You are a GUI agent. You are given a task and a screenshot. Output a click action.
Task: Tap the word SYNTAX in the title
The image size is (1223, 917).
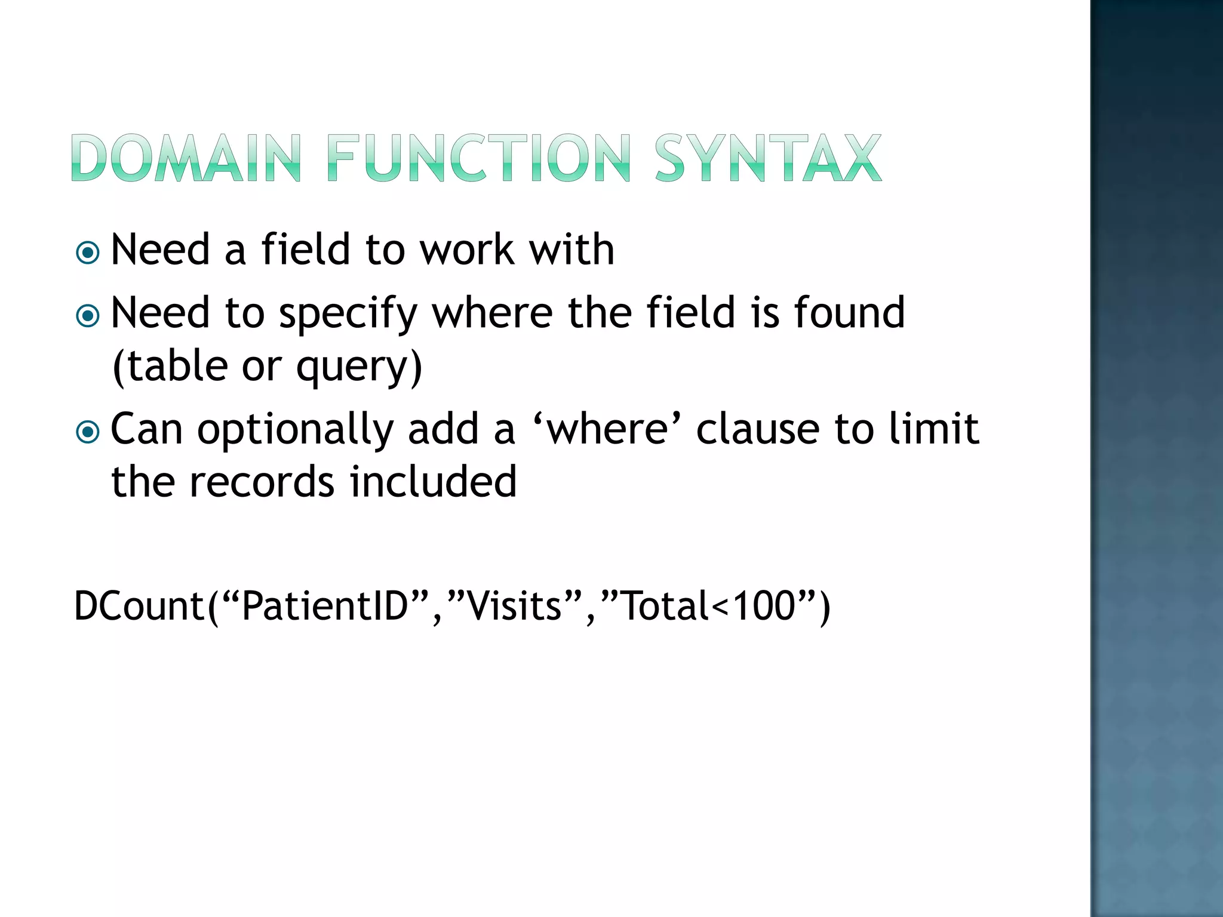click(768, 158)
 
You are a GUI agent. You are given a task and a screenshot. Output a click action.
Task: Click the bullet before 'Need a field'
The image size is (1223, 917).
click(88, 253)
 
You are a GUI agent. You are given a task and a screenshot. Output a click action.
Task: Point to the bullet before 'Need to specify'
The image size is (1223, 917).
click(88, 315)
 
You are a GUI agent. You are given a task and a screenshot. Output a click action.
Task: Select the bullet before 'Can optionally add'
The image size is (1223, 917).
click(88, 432)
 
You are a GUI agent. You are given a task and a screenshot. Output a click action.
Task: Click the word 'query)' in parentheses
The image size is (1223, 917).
click(359, 367)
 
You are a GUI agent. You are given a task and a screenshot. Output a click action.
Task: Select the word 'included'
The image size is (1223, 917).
click(433, 482)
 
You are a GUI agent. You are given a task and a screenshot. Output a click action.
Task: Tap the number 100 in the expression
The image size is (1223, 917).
click(764, 606)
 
